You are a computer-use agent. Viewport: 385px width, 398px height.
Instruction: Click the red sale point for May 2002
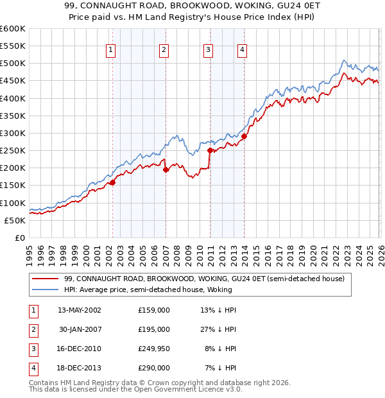(x=112, y=182)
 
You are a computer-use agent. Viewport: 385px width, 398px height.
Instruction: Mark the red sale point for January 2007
(x=166, y=170)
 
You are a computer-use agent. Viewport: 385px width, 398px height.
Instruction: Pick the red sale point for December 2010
(x=210, y=151)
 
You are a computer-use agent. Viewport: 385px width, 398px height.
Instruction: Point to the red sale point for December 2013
(x=244, y=136)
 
